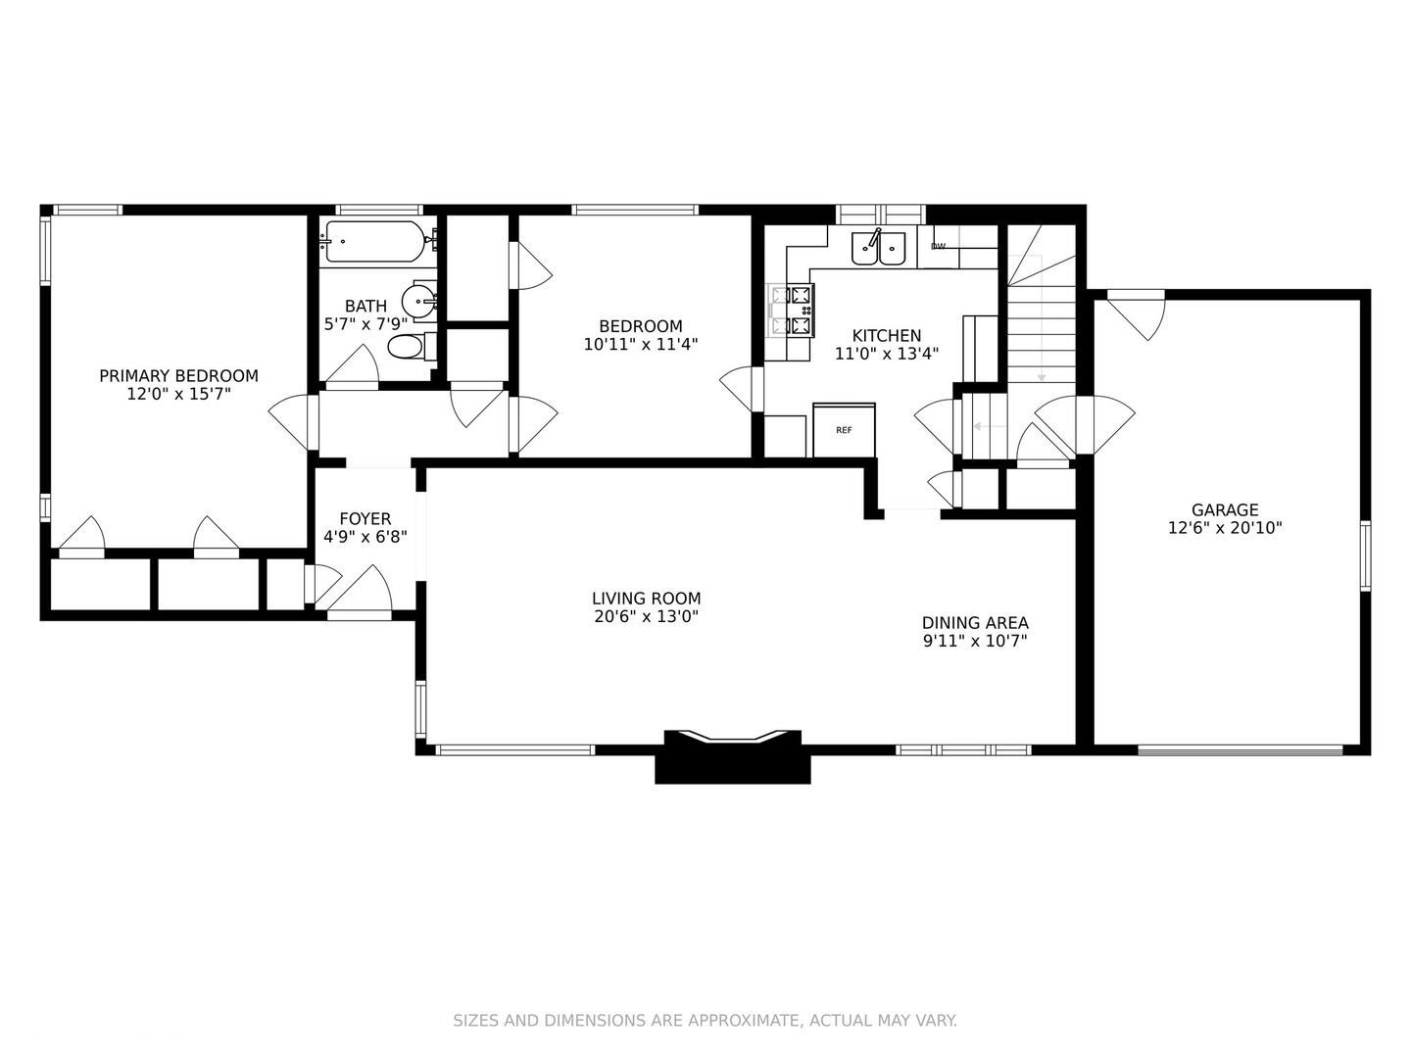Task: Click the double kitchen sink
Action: (878, 248)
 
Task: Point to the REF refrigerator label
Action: (844, 430)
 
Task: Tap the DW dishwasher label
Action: (939, 246)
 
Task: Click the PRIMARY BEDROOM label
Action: (178, 376)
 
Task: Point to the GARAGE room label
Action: (1225, 510)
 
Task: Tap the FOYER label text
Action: (365, 518)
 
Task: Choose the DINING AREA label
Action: (975, 622)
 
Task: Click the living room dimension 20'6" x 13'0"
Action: (646, 617)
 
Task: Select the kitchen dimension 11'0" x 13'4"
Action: (887, 354)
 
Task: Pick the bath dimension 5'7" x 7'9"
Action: (365, 323)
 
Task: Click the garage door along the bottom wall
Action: (1240, 750)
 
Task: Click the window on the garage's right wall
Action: (1365, 556)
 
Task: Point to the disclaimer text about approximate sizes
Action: (705, 1020)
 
